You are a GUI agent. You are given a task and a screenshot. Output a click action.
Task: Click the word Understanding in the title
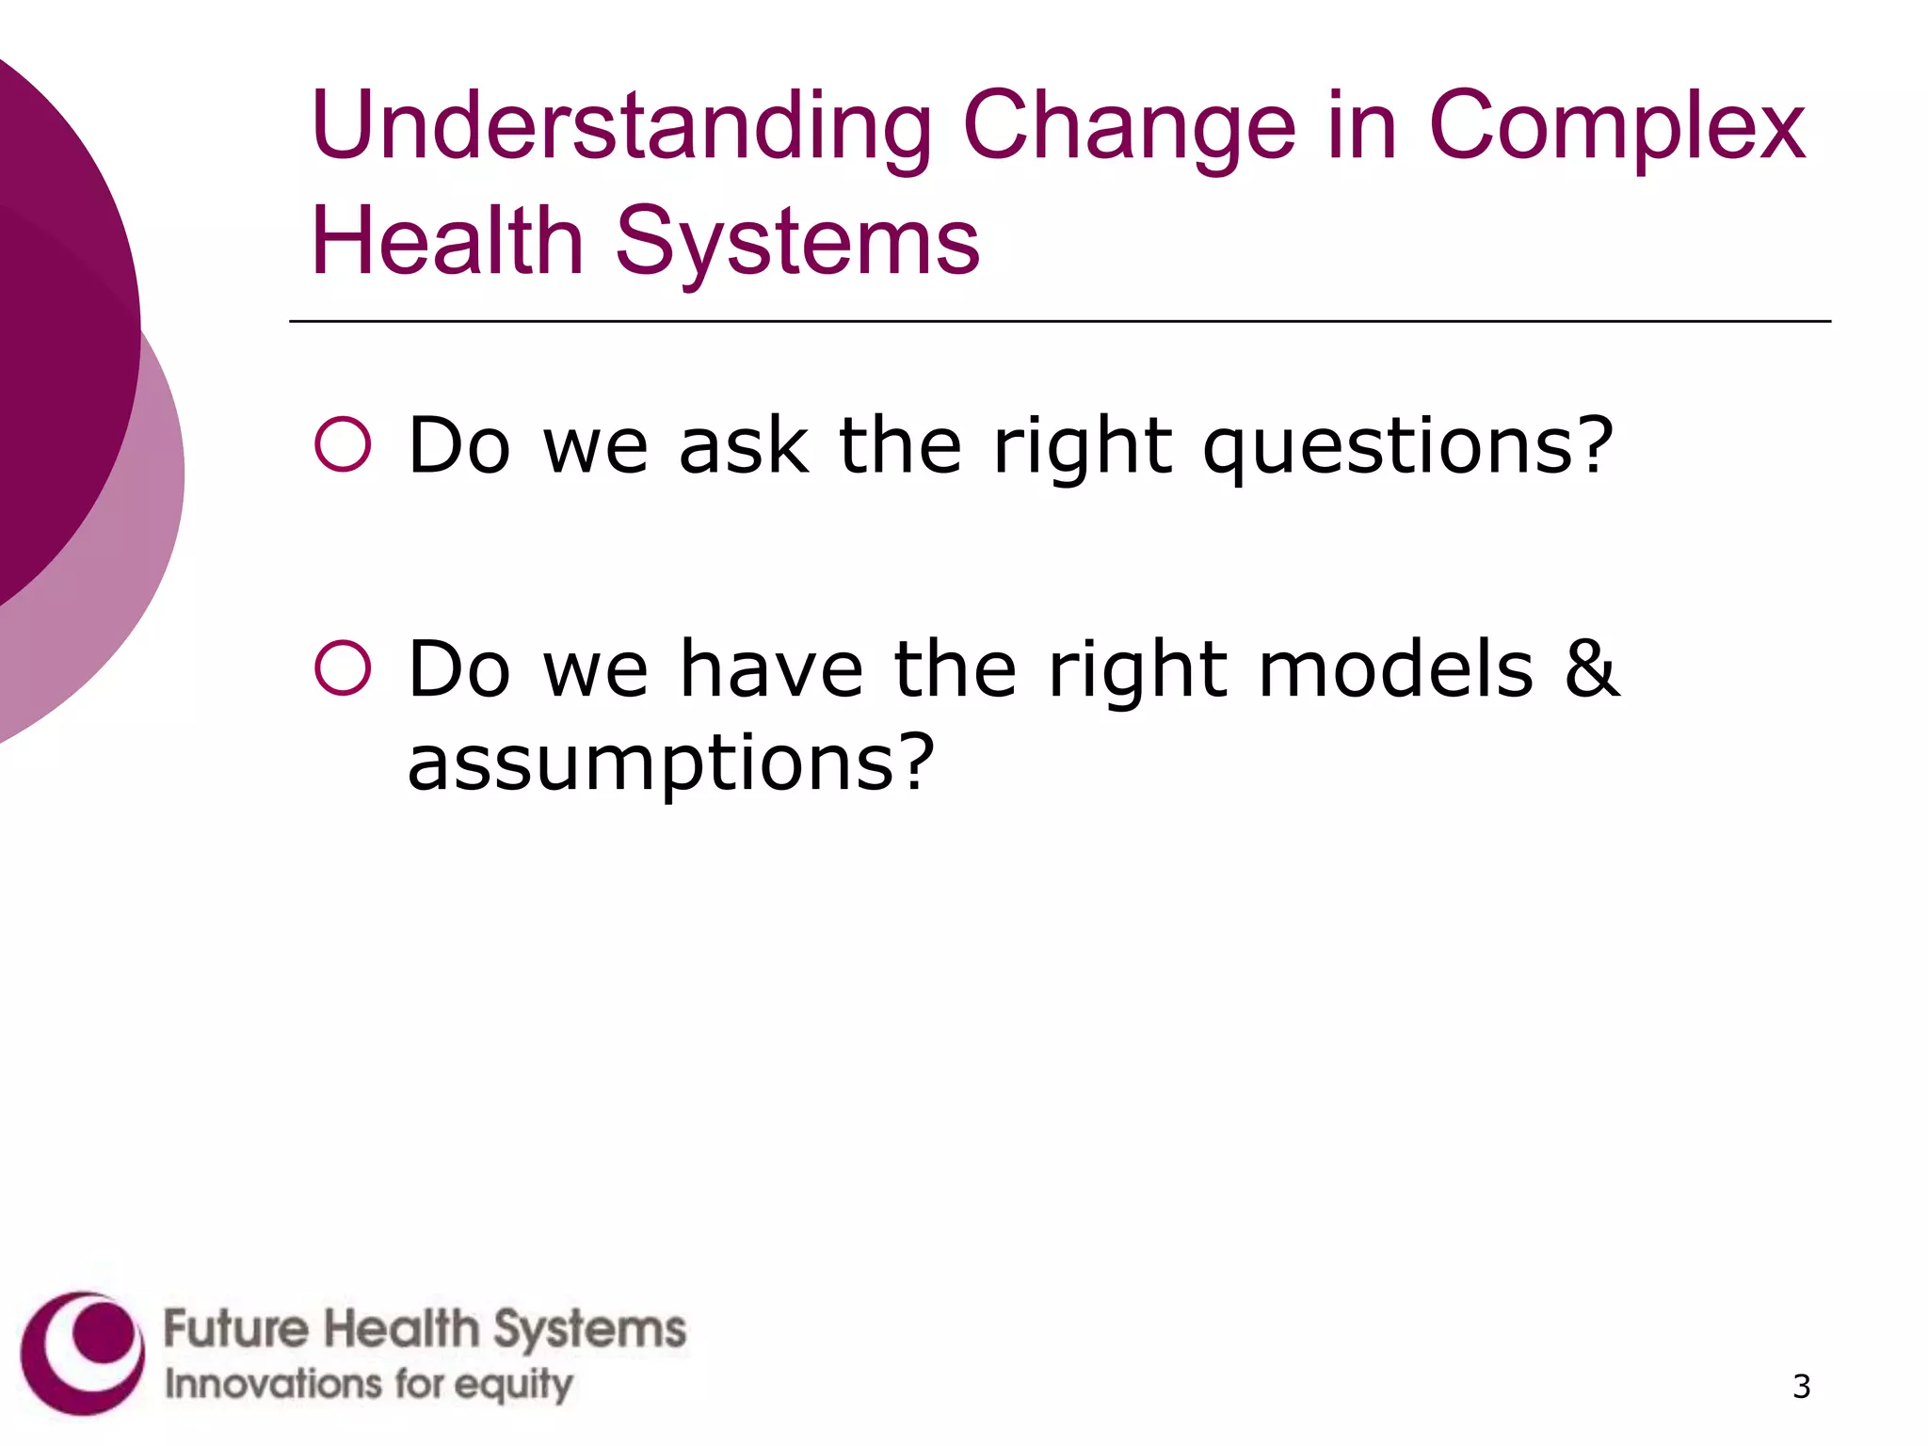point(621,127)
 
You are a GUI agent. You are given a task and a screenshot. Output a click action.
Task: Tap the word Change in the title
point(1129,127)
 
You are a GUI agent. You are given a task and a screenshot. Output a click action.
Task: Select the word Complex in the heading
point(1615,127)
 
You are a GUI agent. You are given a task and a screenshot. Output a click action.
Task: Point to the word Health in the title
point(448,242)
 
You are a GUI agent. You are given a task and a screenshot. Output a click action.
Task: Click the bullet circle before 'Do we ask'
point(343,443)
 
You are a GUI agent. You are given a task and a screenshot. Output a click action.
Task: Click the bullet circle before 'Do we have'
point(343,668)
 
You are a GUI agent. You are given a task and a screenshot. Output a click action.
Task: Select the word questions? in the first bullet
point(1407,447)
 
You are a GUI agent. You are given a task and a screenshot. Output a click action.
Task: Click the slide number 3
point(1801,1387)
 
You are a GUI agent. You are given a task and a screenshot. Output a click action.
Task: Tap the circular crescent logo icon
point(83,1353)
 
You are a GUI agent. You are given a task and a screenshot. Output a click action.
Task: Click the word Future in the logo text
point(236,1329)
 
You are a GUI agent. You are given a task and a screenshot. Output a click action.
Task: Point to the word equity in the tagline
point(515,1386)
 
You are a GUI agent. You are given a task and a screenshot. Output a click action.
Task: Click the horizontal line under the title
point(1059,321)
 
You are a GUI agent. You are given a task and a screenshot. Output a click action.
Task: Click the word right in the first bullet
point(1083,447)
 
